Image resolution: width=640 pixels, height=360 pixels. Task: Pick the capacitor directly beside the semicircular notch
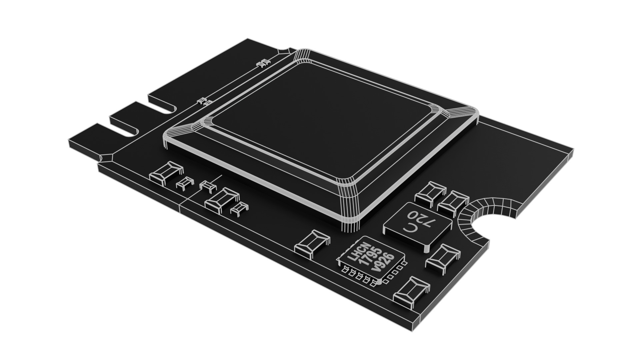point(453,202)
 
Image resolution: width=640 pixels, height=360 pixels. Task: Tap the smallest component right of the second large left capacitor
point(239,208)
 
